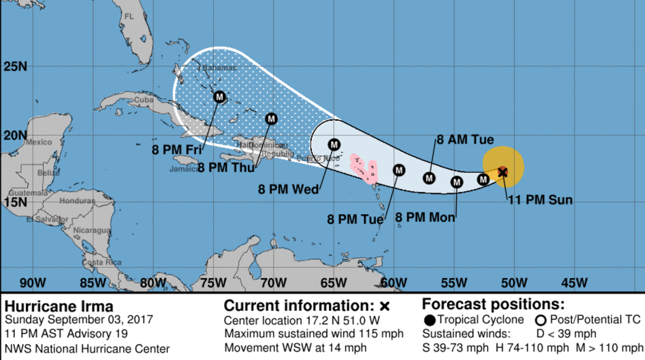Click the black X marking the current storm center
[503, 172]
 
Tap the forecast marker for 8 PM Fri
[220, 97]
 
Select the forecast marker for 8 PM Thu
[271, 119]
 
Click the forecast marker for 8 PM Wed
[334, 144]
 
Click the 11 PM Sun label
[540, 200]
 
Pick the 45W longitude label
[573, 282]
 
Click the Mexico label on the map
[39, 142]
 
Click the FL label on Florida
[129, 16]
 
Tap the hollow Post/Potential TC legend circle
[541, 320]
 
